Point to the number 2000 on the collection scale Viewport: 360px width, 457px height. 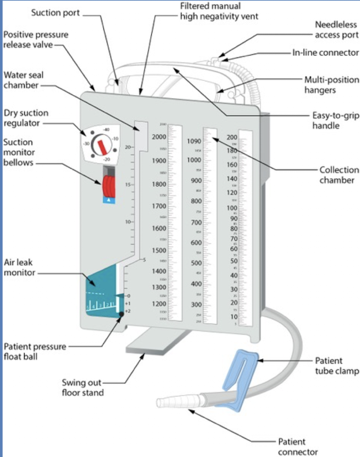[159, 137]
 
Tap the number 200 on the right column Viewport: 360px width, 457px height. [231, 137]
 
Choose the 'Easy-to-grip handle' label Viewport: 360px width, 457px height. [336, 120]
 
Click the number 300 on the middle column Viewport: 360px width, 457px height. [196, 305]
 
